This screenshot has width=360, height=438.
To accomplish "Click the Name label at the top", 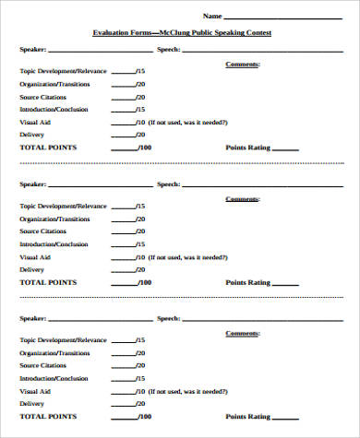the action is [212, 16].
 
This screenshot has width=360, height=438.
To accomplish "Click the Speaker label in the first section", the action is [31, 50].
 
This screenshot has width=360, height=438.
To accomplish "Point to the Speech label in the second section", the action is [168, 184].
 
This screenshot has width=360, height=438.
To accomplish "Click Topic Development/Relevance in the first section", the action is [63, 70].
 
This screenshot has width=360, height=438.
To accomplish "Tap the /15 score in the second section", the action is [140, 206].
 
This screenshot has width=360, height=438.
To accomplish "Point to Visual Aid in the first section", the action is [35, 122].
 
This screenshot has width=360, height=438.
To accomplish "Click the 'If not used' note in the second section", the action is [190, 256].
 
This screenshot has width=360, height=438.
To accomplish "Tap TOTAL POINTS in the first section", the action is [49, 148].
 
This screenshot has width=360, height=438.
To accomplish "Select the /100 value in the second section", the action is [144, 282].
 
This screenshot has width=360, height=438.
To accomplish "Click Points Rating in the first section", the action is [246, 148].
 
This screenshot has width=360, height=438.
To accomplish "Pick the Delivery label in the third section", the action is [31, 404].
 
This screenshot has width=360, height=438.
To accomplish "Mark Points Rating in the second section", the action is [246, 282].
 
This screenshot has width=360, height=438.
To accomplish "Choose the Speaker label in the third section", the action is [31, 319].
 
